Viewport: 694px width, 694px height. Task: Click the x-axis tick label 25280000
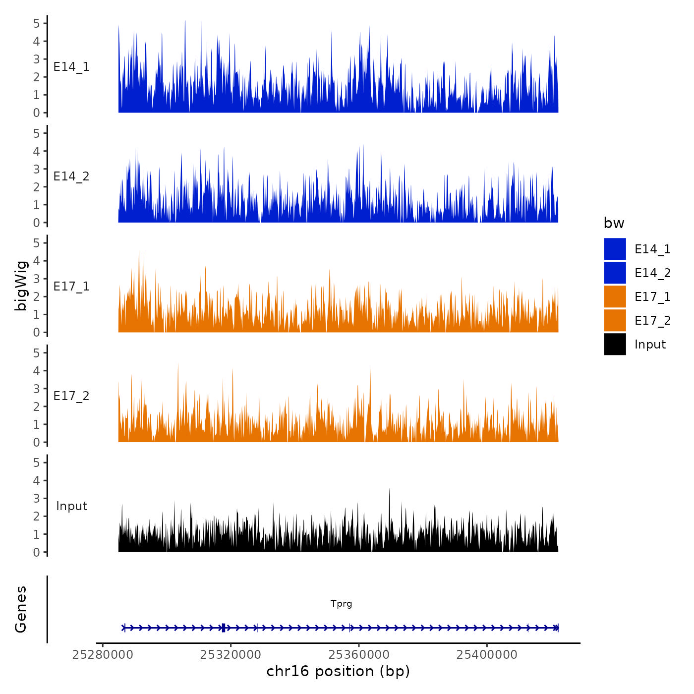click(103, 654)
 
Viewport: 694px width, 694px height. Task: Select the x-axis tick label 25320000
click(231, 654)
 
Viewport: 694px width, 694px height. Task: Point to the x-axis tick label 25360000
click(359, 654)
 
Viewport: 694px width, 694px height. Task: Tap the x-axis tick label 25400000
click(487, 654)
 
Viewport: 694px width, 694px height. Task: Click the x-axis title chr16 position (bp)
click(338, 671)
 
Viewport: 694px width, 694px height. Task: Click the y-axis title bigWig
click(21, 286)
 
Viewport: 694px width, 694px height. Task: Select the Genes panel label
click(21, 609)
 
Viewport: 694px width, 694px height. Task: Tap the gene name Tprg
click(341, 604)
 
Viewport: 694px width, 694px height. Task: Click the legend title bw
click(614, 223)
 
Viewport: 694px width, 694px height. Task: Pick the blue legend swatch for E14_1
click(615, 249)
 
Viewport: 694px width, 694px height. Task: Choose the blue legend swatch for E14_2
click(615, 273)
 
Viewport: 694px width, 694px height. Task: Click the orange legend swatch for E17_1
click(615, 296)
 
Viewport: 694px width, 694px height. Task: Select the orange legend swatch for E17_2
click(615, 320)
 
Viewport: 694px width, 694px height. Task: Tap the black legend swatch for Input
click(615, 344)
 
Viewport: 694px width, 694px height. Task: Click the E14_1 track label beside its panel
click(71, 67)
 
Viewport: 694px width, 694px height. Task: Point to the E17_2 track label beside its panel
click(71, 396)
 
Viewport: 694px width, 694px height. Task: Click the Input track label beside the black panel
click(71, 506)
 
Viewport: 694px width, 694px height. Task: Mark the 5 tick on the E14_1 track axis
click(37, 23)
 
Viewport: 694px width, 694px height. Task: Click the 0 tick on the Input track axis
click(37, 552)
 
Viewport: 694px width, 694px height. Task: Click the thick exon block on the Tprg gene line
click(224, 628)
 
